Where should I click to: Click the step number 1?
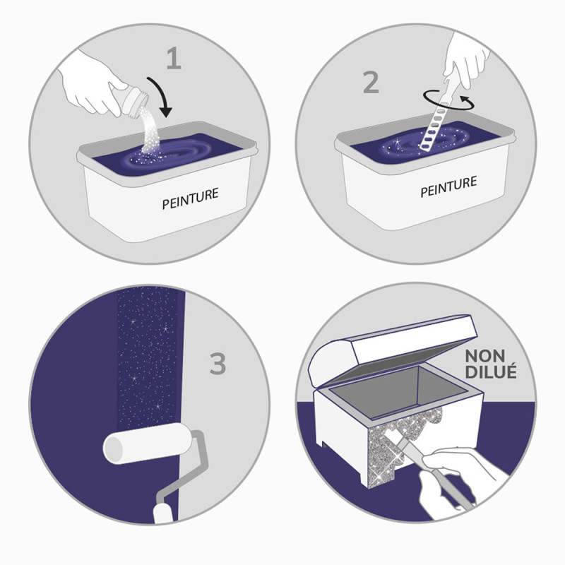click(174, 58)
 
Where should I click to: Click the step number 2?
click(371, 83)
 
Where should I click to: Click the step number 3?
click(218, 364)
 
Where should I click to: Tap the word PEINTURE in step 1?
click(190, 198)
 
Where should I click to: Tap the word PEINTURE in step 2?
click(448, 186)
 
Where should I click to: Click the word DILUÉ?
click(491, 371)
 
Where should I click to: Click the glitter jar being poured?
click(133, 101)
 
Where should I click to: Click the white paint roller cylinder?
click(148, 444)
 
